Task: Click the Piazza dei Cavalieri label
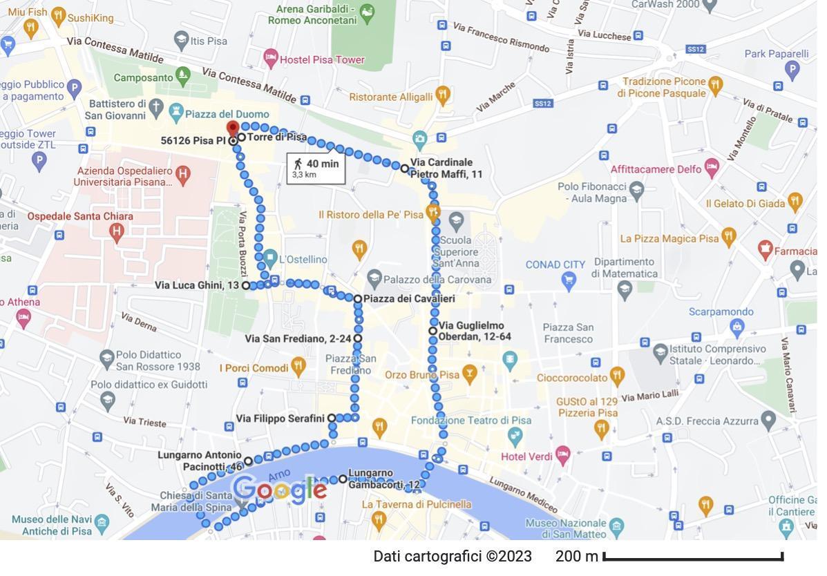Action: [409, 299]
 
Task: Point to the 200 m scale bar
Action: [693, 556]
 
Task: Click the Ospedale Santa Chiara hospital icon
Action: [116, 231]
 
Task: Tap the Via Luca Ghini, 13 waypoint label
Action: [197, 285]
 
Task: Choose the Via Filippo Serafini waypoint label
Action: [280, 419]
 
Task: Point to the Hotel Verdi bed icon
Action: [563, 454]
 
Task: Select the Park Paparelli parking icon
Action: [792, 69]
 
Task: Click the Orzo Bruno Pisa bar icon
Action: [470, 374]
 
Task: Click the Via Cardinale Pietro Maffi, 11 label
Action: [446, 169]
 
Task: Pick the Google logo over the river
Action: [280, 490]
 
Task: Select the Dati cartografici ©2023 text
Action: [453, 557]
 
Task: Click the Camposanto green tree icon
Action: [182, 74]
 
